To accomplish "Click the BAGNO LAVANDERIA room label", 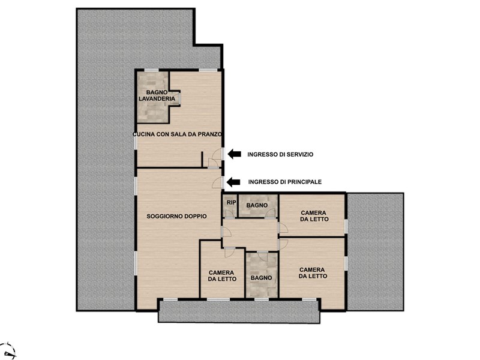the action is [157, 95].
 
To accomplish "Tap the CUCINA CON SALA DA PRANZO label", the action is [177, 134].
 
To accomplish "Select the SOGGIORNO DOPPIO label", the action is [176, 216].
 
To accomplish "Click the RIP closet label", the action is [232, 202].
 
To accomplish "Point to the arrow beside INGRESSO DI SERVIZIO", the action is [235, 154].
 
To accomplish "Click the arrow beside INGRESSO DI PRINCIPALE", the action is [233, 182].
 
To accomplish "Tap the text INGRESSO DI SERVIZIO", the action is [280, 155].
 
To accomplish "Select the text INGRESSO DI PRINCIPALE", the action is [285, 182].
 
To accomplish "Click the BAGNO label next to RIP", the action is [257, 205].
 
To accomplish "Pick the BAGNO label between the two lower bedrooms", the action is [262, 278].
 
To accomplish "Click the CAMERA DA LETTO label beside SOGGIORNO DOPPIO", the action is [222, 276].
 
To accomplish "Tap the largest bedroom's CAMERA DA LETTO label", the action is [313, 273].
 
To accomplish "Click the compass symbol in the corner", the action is [9, 351].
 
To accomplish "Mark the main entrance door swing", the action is [217, 183].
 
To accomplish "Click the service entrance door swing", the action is [217, 154].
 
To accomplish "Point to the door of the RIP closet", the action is [230, 214].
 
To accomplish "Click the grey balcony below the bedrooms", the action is [239, 311].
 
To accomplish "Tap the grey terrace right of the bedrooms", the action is [376, 252].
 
